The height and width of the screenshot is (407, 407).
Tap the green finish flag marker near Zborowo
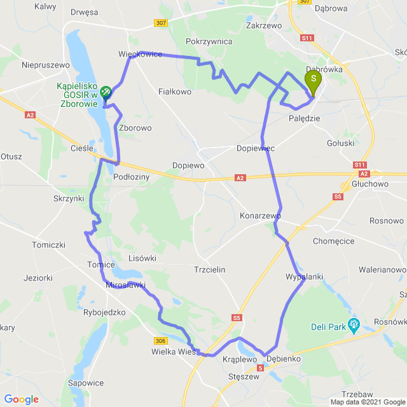(x=106, y=92)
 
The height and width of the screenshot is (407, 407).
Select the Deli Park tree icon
(x=354, y=326)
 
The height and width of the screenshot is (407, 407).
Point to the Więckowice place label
(x=140, y=55)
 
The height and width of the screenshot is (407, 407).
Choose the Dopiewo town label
(x=188, y=165)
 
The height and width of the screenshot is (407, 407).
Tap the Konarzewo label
(x=260, y=216)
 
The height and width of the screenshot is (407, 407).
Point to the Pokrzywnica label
(x=209, y=41)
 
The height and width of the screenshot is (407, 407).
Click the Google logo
(x=21, y=399)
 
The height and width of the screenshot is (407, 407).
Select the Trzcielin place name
(x=209, y=270)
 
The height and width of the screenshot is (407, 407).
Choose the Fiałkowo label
(x=175, y=92)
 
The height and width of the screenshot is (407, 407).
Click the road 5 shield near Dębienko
(x=260, y=368)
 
